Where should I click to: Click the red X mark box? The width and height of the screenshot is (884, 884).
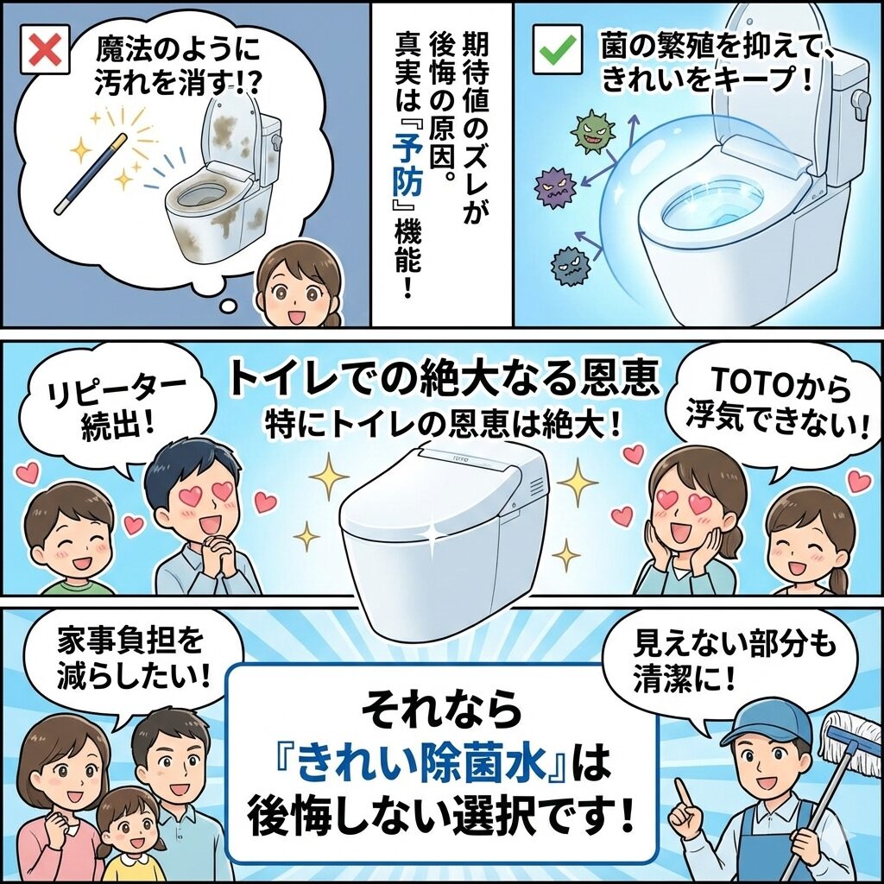(x=45, y=49)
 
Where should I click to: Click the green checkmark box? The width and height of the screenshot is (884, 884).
(x=558, y=49)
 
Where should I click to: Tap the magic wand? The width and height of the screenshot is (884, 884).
(x=90, y=174)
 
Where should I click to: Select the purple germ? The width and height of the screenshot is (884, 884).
(x=556, y=186)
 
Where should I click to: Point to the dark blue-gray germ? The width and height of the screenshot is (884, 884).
(x=571, y=264)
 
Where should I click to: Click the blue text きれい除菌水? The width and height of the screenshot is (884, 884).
(x=421, y=767)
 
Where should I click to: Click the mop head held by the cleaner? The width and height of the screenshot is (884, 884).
(x=850, y=740)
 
